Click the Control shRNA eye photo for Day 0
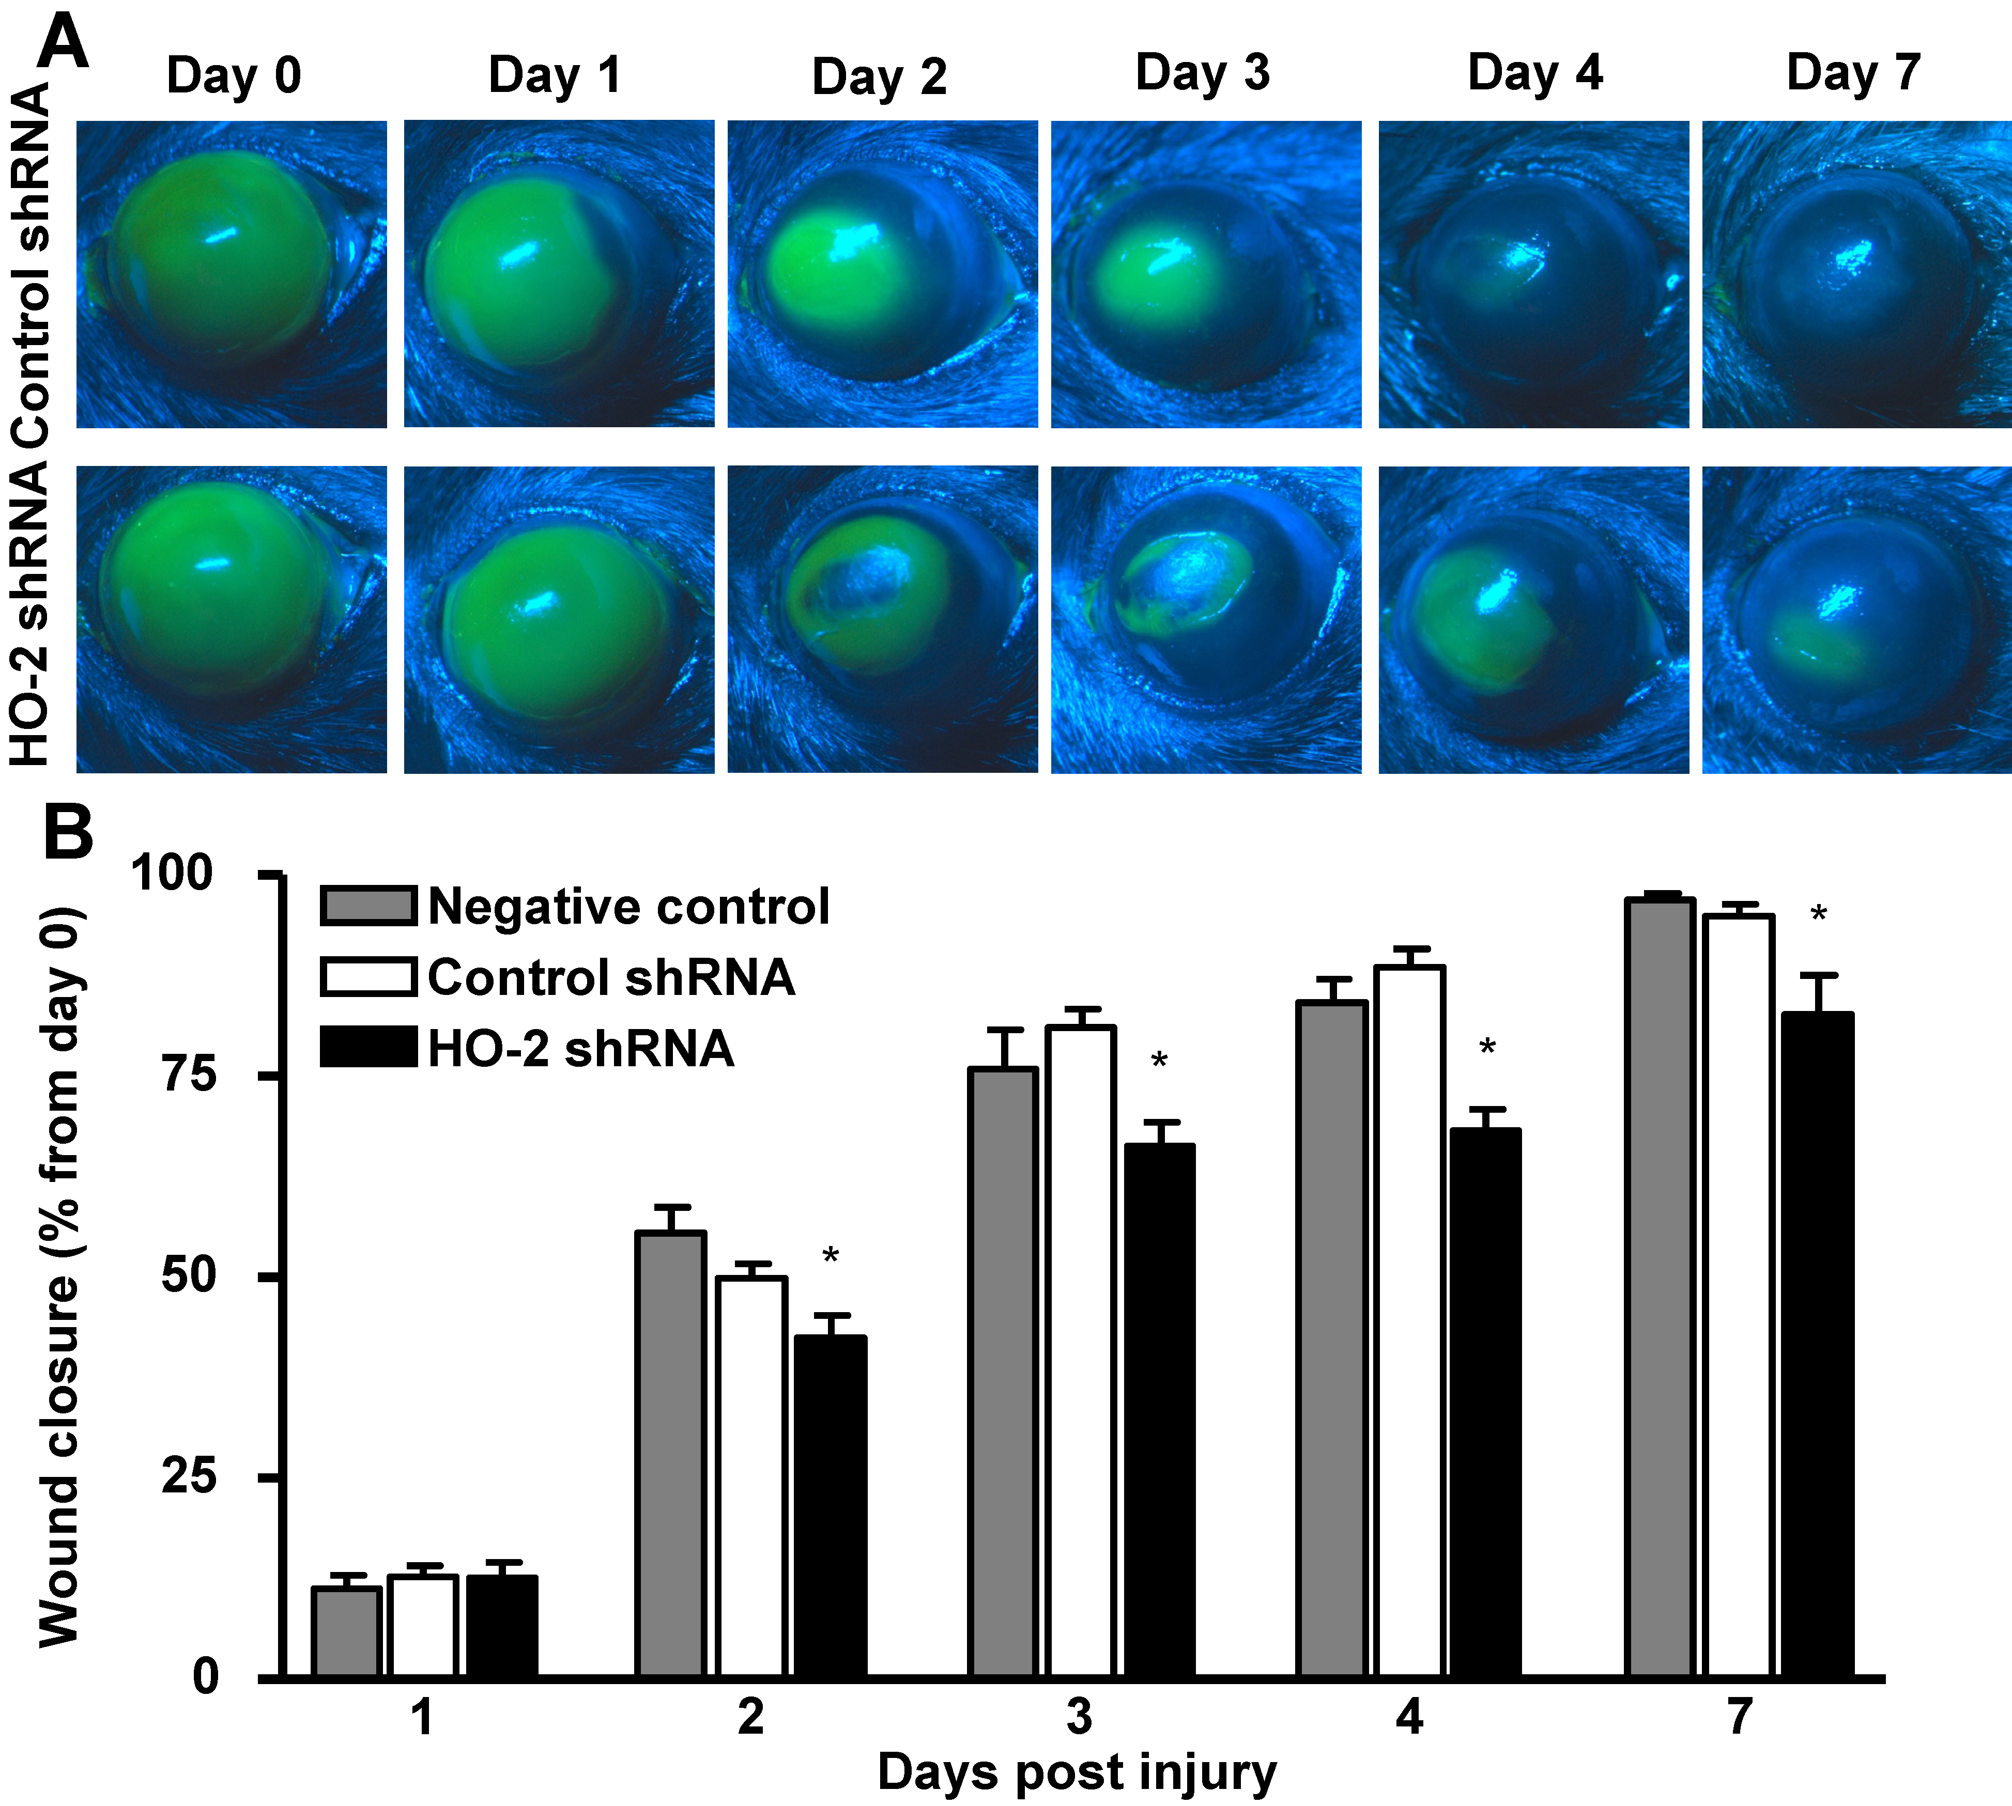(231, 274)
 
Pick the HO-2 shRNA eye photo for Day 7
(1856, 619)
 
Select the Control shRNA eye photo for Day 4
(1533, 274)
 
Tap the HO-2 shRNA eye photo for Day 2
(882, 619)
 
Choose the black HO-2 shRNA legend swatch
(367, 1048)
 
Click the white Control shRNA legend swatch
(367, 976)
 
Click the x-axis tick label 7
(1739, 1717)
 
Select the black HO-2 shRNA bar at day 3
(1159, 1409)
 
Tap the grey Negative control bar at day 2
(671, 1454)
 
